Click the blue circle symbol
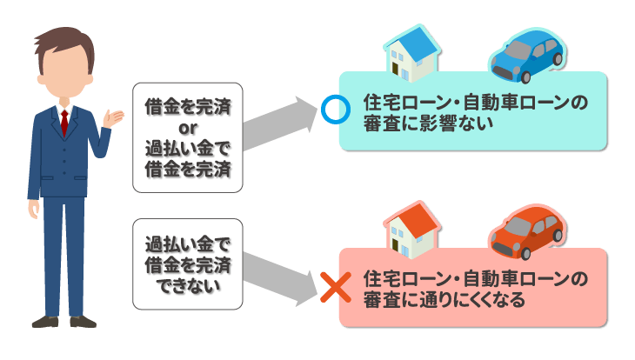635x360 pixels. click(333, 110)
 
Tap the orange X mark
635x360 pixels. click(331, 287)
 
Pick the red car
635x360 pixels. click(527, 230)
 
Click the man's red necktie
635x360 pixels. click(64, 122)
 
